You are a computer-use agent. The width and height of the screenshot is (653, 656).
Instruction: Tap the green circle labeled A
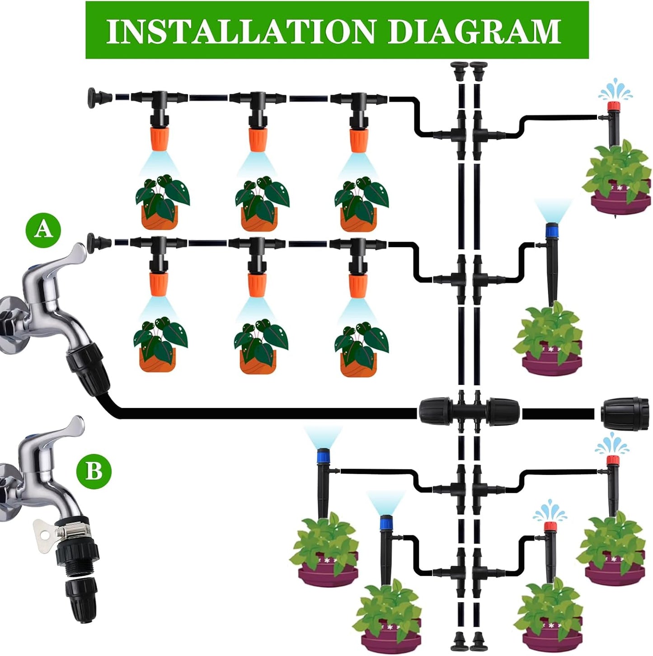click(x=43, y=230)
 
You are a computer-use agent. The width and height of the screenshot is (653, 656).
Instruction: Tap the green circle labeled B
click(x=94, y=471)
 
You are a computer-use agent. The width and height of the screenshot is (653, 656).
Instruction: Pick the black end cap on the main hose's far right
click(x=625, y=412)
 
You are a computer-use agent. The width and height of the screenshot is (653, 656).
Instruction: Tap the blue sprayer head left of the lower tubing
click(x=323, y=455)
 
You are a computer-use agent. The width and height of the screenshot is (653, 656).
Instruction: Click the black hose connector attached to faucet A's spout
click(x=88, y=368)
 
